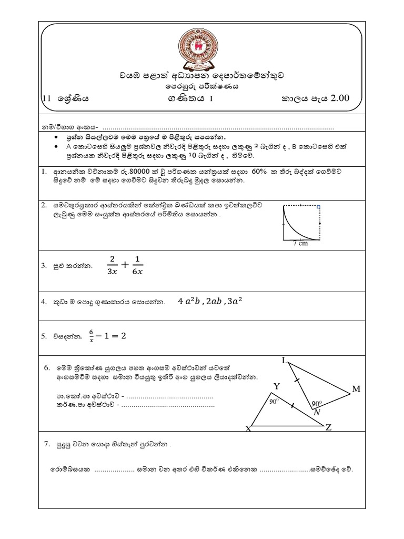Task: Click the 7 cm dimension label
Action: pyautogui.click(x=300, y=243)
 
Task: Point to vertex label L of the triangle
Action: pyautogui.click(x=285, y=361)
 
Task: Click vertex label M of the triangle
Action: pyautogui.click(x=356, y=389)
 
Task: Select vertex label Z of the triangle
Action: pyautogui.click(x=328, y=427)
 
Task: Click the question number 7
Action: pyautogui.click(x=46, y=445)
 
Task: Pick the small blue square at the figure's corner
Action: pyautogui.click(x=319, y=207)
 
